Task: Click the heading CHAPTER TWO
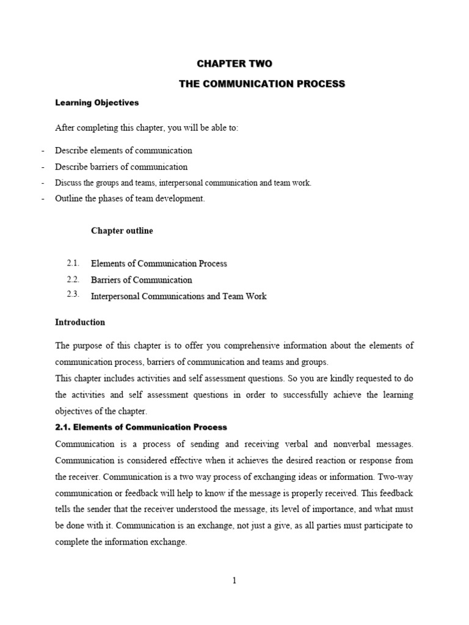[234, 63]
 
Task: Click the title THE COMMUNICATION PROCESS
[262, 84]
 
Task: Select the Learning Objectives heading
[97, 103]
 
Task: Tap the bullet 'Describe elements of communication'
[123, 150]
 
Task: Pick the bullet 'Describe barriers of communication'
[121, 167]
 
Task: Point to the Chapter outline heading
[122, 231]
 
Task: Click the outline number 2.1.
[74, 263]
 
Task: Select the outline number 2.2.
[74, 280]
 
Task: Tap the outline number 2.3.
[74, 295]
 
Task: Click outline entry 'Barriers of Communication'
[141, 280]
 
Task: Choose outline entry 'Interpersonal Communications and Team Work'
[178, 297]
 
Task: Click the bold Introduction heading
[80, 322]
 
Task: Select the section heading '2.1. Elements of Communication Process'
[141, 427]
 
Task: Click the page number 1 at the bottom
[234, 580]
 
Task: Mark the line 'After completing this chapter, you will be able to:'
[147, 128]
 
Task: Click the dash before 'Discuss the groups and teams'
[43, 183]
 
